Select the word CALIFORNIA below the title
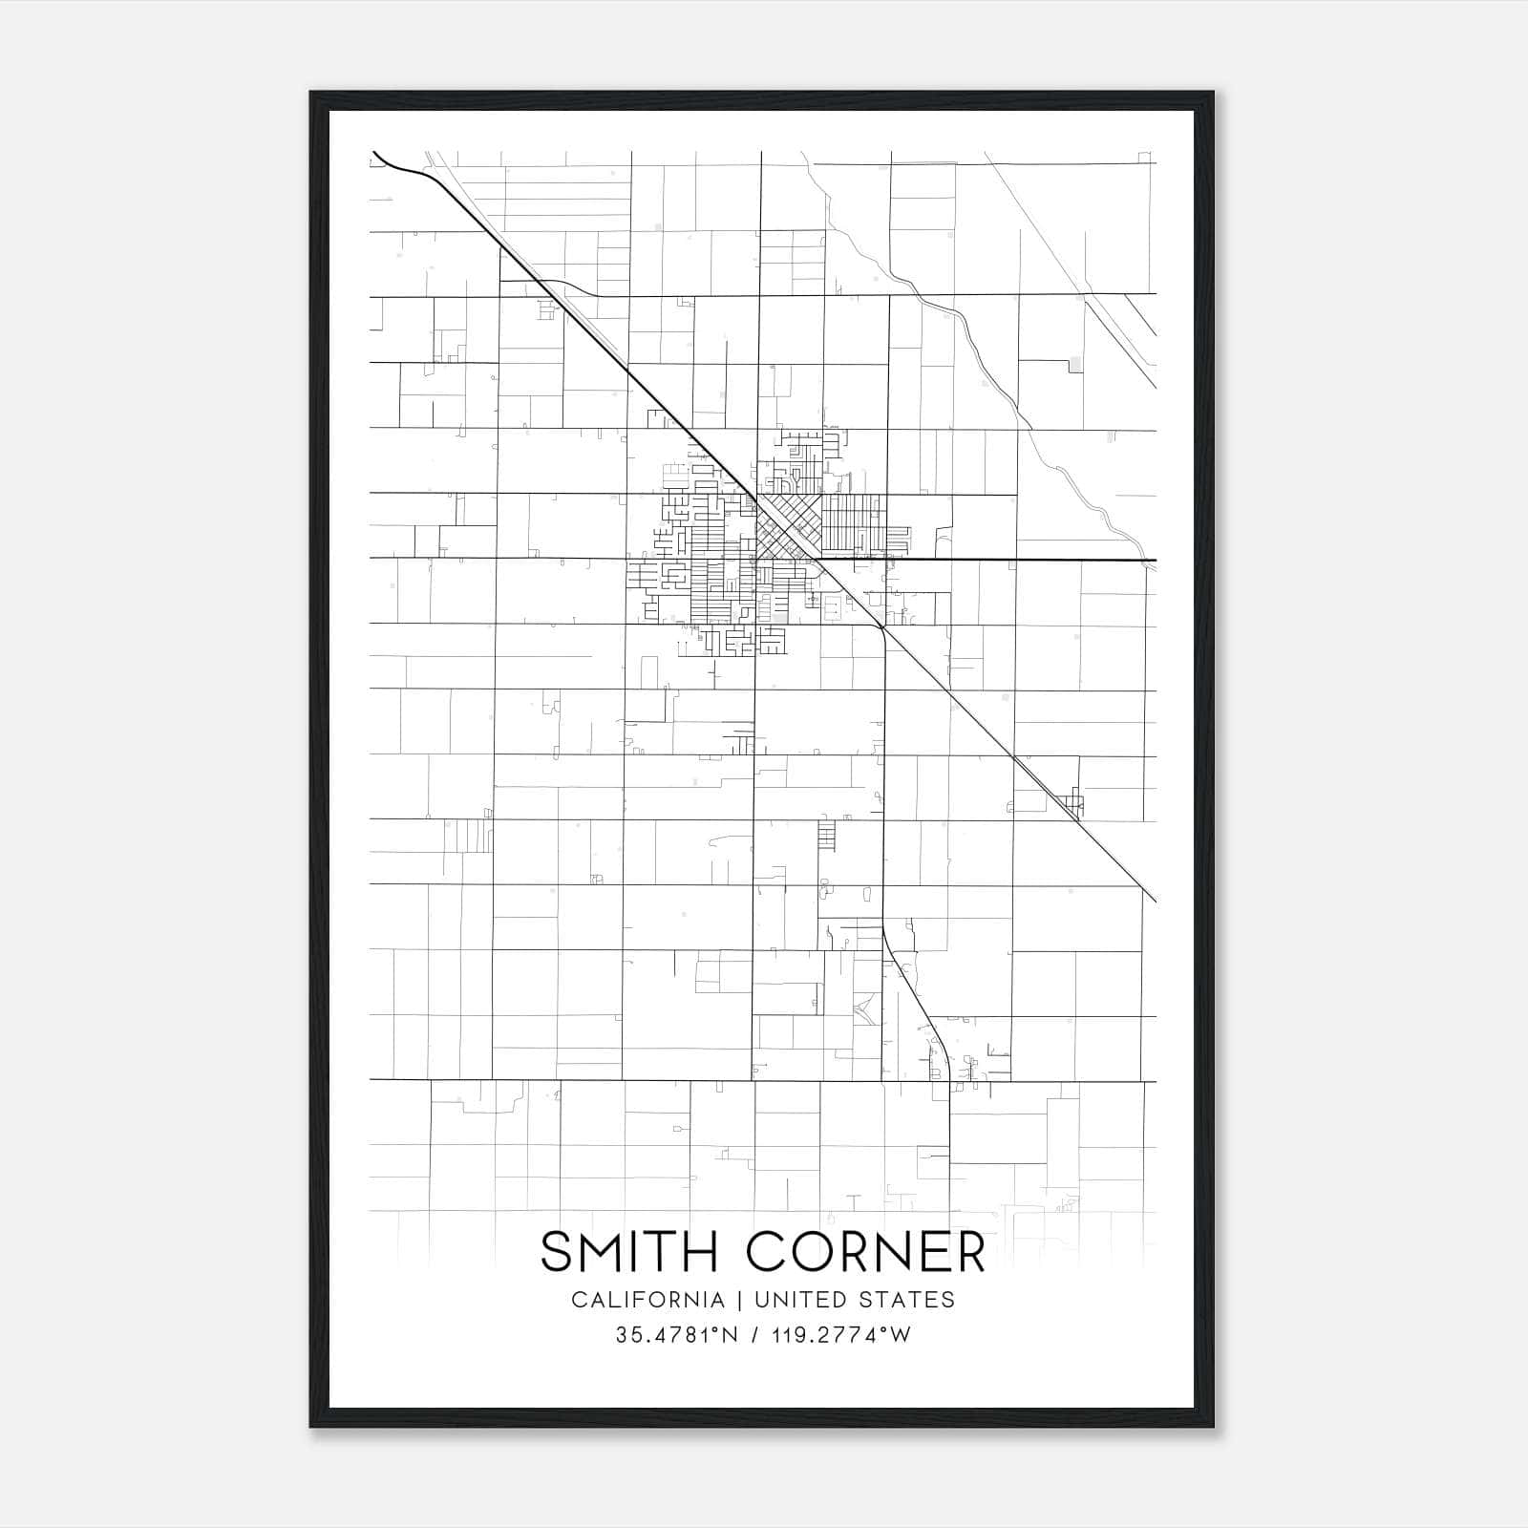[647, 1300]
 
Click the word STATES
[911, 1300]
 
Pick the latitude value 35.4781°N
[677, 1335]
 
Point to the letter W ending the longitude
[902, 1335]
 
